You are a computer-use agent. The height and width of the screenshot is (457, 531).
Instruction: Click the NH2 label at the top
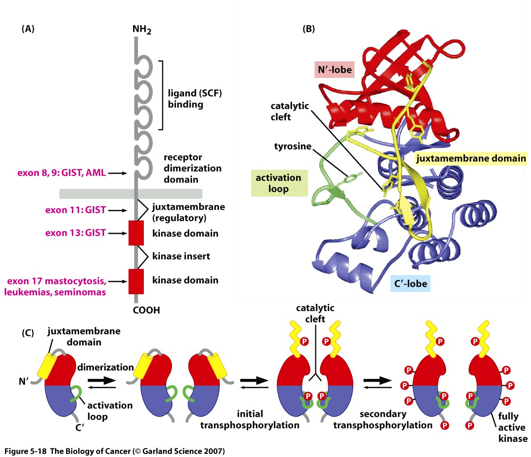point(142,30)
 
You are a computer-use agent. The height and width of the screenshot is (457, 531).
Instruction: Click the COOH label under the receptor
point(146,310)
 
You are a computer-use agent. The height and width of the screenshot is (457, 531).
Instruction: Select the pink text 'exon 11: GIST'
point(75,210)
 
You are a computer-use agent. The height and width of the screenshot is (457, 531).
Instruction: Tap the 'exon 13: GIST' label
point(75,233)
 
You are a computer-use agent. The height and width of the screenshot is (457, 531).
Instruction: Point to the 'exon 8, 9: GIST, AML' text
point(62,172)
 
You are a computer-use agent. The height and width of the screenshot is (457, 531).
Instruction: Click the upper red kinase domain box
point(136,233)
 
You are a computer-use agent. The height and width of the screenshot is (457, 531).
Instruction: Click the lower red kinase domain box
point(136,281)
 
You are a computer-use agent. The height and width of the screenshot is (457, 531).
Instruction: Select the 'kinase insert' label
point(181,256)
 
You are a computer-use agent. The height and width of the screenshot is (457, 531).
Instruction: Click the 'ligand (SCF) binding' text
point(194,99)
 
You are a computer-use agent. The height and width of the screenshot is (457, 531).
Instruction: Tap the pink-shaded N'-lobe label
point(334,70)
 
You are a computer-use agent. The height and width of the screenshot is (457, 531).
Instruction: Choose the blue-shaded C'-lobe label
point(410,283)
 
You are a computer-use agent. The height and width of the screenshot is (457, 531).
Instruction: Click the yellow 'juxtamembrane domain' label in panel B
point(471,158)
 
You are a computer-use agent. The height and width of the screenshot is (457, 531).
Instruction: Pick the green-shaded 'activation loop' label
point(278,183)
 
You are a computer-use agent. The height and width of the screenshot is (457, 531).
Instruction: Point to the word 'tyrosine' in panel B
point(293,146)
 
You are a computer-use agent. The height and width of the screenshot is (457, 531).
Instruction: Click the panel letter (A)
point(28,29)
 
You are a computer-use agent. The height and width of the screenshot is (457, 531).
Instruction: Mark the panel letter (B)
point(309,29)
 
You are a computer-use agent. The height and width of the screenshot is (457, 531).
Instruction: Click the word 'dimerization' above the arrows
point(105,367)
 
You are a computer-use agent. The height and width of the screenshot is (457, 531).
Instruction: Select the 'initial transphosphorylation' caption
point(250,420)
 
